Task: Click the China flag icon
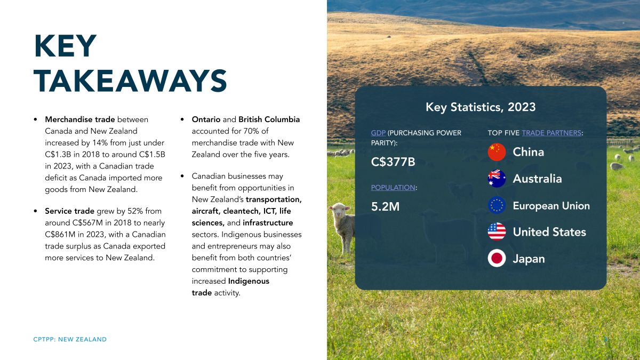497,152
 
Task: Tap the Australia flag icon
497,179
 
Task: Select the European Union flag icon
497,205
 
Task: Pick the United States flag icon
497,231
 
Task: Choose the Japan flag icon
497,258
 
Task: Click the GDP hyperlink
378,133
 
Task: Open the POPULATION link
393,187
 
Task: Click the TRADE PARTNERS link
551,133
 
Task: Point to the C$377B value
393,162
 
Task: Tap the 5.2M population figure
385,206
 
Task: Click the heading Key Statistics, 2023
481,107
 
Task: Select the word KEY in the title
66,46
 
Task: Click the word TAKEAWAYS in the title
130,81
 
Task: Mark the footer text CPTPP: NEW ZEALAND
70,339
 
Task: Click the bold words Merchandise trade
80,119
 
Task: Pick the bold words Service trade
69,211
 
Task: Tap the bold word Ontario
206,119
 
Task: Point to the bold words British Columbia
269,119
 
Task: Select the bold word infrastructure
268,223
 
